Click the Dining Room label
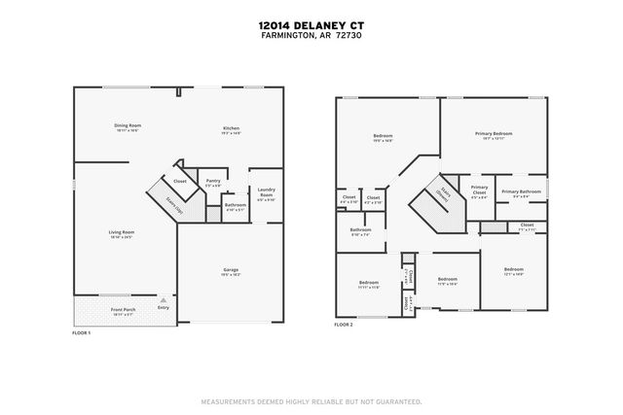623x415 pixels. point(128,126)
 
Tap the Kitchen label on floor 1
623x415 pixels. point(231,129)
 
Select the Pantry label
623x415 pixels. point(211,182)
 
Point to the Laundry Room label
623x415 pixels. point(266,194)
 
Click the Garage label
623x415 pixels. point(231,271)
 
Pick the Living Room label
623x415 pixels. point(121,233)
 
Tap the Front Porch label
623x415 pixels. point(123,312)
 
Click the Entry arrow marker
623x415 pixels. point(163,300)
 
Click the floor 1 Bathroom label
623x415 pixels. point(235,205)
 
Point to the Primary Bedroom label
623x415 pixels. point(494,134)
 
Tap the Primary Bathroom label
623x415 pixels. point(521,193)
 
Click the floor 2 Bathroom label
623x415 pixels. point(360,231)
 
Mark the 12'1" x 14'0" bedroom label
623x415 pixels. point(513,270)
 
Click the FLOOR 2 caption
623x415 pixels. point(345,325)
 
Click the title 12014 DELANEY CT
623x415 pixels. point(311,26)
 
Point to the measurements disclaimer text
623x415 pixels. point(311,400)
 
